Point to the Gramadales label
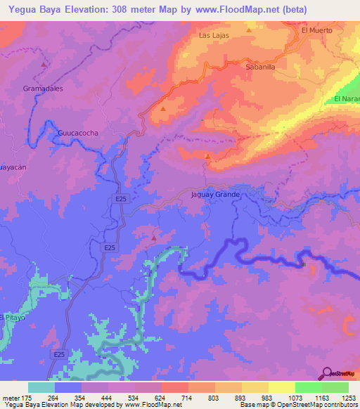click(x=43, y=89)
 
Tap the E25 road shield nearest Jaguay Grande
click(x=122, y=200)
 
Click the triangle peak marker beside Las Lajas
click(x=249, y=31)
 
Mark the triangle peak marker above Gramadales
click(x=44, y=65)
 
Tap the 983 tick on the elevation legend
click(x=268, y=397)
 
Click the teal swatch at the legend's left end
click(x=41, y=387)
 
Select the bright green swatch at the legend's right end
click(x=335, y=387)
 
